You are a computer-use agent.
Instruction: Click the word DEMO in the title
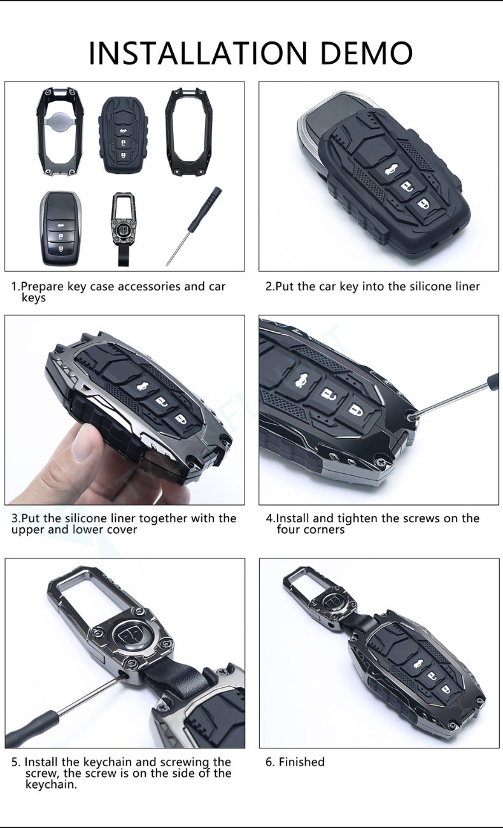366,52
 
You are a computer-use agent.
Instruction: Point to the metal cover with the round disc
59,132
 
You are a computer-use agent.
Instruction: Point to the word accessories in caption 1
149,287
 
